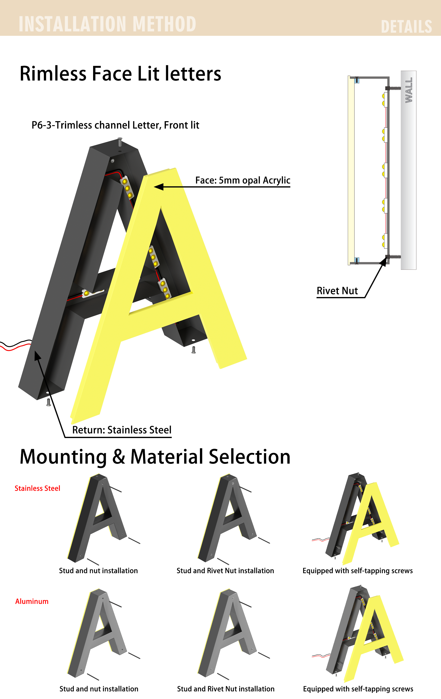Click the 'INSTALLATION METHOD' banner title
(107, 24)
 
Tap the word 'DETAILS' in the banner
(406, 27)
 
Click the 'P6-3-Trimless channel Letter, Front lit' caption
(115, 125)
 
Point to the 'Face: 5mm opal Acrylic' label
(243, 180)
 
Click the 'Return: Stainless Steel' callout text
(122, 430)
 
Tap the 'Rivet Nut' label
(337, 291)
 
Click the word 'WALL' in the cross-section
(409, 90)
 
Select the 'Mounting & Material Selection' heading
(155, 457)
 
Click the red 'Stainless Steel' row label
(37, 488)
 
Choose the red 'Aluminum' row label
(32, 601)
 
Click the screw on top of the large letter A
(120, 142)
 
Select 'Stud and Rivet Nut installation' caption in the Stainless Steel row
(225, 570)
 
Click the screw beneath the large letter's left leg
(49, 402)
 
